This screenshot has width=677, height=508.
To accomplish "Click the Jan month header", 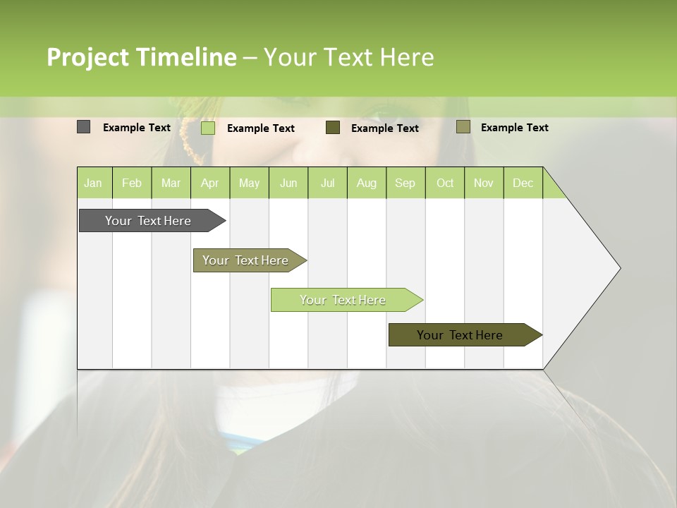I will point(93,183).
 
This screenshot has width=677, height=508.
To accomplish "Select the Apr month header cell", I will point(209,183).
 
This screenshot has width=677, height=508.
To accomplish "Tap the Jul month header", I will point(327,183).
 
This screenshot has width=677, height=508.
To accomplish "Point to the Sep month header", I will point(405,183).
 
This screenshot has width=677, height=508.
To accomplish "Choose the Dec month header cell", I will point(523,183).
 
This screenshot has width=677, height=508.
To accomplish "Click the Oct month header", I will point(445,183).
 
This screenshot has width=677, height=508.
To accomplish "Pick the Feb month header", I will point(132,183).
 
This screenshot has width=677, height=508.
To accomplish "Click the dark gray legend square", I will point(83,127).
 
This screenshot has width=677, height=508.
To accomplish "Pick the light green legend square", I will point(208,128).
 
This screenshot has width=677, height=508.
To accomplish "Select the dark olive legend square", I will point(333,127).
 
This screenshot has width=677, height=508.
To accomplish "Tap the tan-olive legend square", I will point(463,127).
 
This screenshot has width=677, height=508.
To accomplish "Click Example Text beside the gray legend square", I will point(137,128).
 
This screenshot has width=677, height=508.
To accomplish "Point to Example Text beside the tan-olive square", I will point(514,128).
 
